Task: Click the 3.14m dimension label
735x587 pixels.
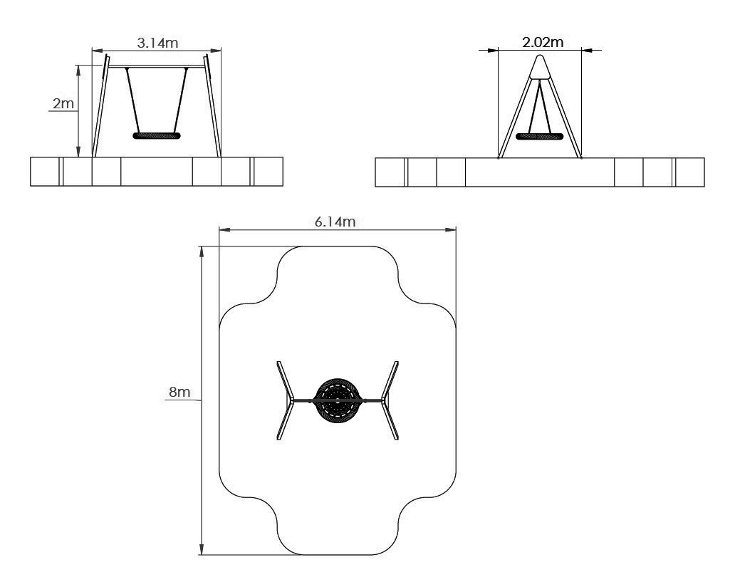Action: pos(157,43)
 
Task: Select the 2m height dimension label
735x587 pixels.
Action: pos(63,103)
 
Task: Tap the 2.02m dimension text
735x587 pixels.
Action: pos(543,42)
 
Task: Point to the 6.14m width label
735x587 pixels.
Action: pos(335,222)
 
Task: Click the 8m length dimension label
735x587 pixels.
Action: pos(179,392)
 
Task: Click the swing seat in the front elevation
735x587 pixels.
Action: pos(157,136)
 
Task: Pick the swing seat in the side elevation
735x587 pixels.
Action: pos(540,137)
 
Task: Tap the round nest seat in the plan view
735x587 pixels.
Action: pos(338,400)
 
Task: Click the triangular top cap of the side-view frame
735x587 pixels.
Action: pos(541,67)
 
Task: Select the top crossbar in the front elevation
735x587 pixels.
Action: pos(157,66)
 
